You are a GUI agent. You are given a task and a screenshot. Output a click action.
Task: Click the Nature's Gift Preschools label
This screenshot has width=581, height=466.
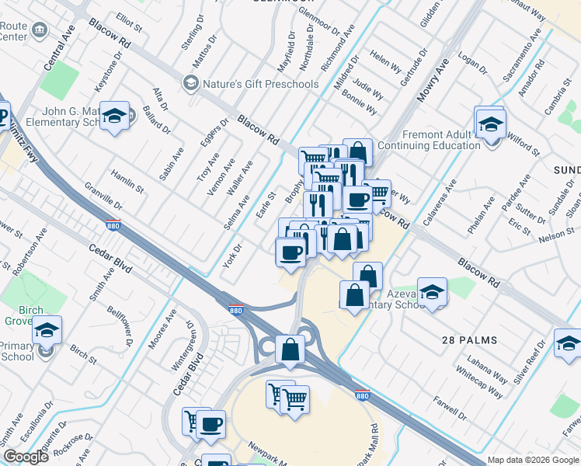pos(261,83)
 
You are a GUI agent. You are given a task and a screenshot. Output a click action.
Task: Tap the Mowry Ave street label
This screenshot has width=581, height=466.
pos(438,78)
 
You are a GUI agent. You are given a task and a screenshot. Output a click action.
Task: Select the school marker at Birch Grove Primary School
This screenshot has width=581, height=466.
pos(47,332)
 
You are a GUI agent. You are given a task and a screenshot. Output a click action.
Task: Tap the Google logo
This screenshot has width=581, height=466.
pos(26,457)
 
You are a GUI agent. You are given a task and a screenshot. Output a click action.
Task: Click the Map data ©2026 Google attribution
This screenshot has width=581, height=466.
pos(532,460)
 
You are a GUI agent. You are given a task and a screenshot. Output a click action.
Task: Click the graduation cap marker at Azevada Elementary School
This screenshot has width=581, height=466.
pos(432,291)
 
